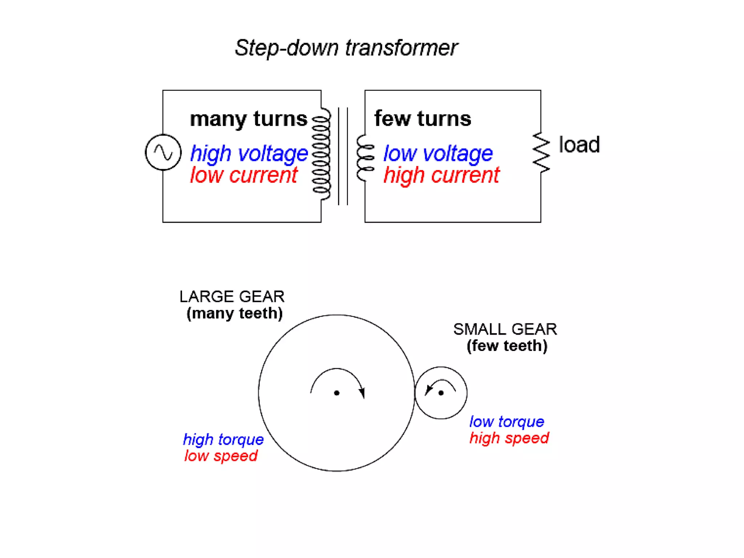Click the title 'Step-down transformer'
346,48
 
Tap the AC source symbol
163,152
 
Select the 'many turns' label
248,119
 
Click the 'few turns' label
422,118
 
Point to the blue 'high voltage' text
249,153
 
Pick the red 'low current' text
244,175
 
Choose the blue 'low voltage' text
438,153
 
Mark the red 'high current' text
441,175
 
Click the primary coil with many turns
322,154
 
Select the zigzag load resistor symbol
541,153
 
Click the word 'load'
579,145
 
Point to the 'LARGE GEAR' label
232,296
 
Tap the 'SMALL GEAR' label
505,329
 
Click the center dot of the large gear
337,393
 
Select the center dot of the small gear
441,393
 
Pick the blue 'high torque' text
223,440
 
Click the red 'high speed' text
509,438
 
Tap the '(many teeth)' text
234,313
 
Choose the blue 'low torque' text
507,421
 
